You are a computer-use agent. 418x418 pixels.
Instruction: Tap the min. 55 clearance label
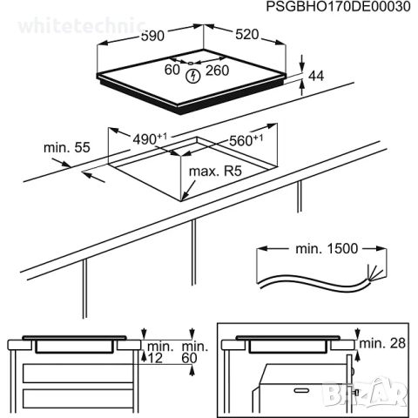point(67,148)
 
